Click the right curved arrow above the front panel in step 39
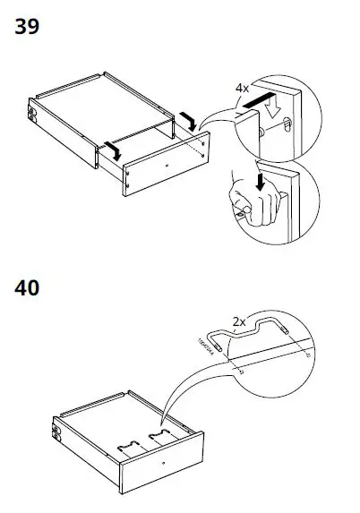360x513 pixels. (x=185, y=118)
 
